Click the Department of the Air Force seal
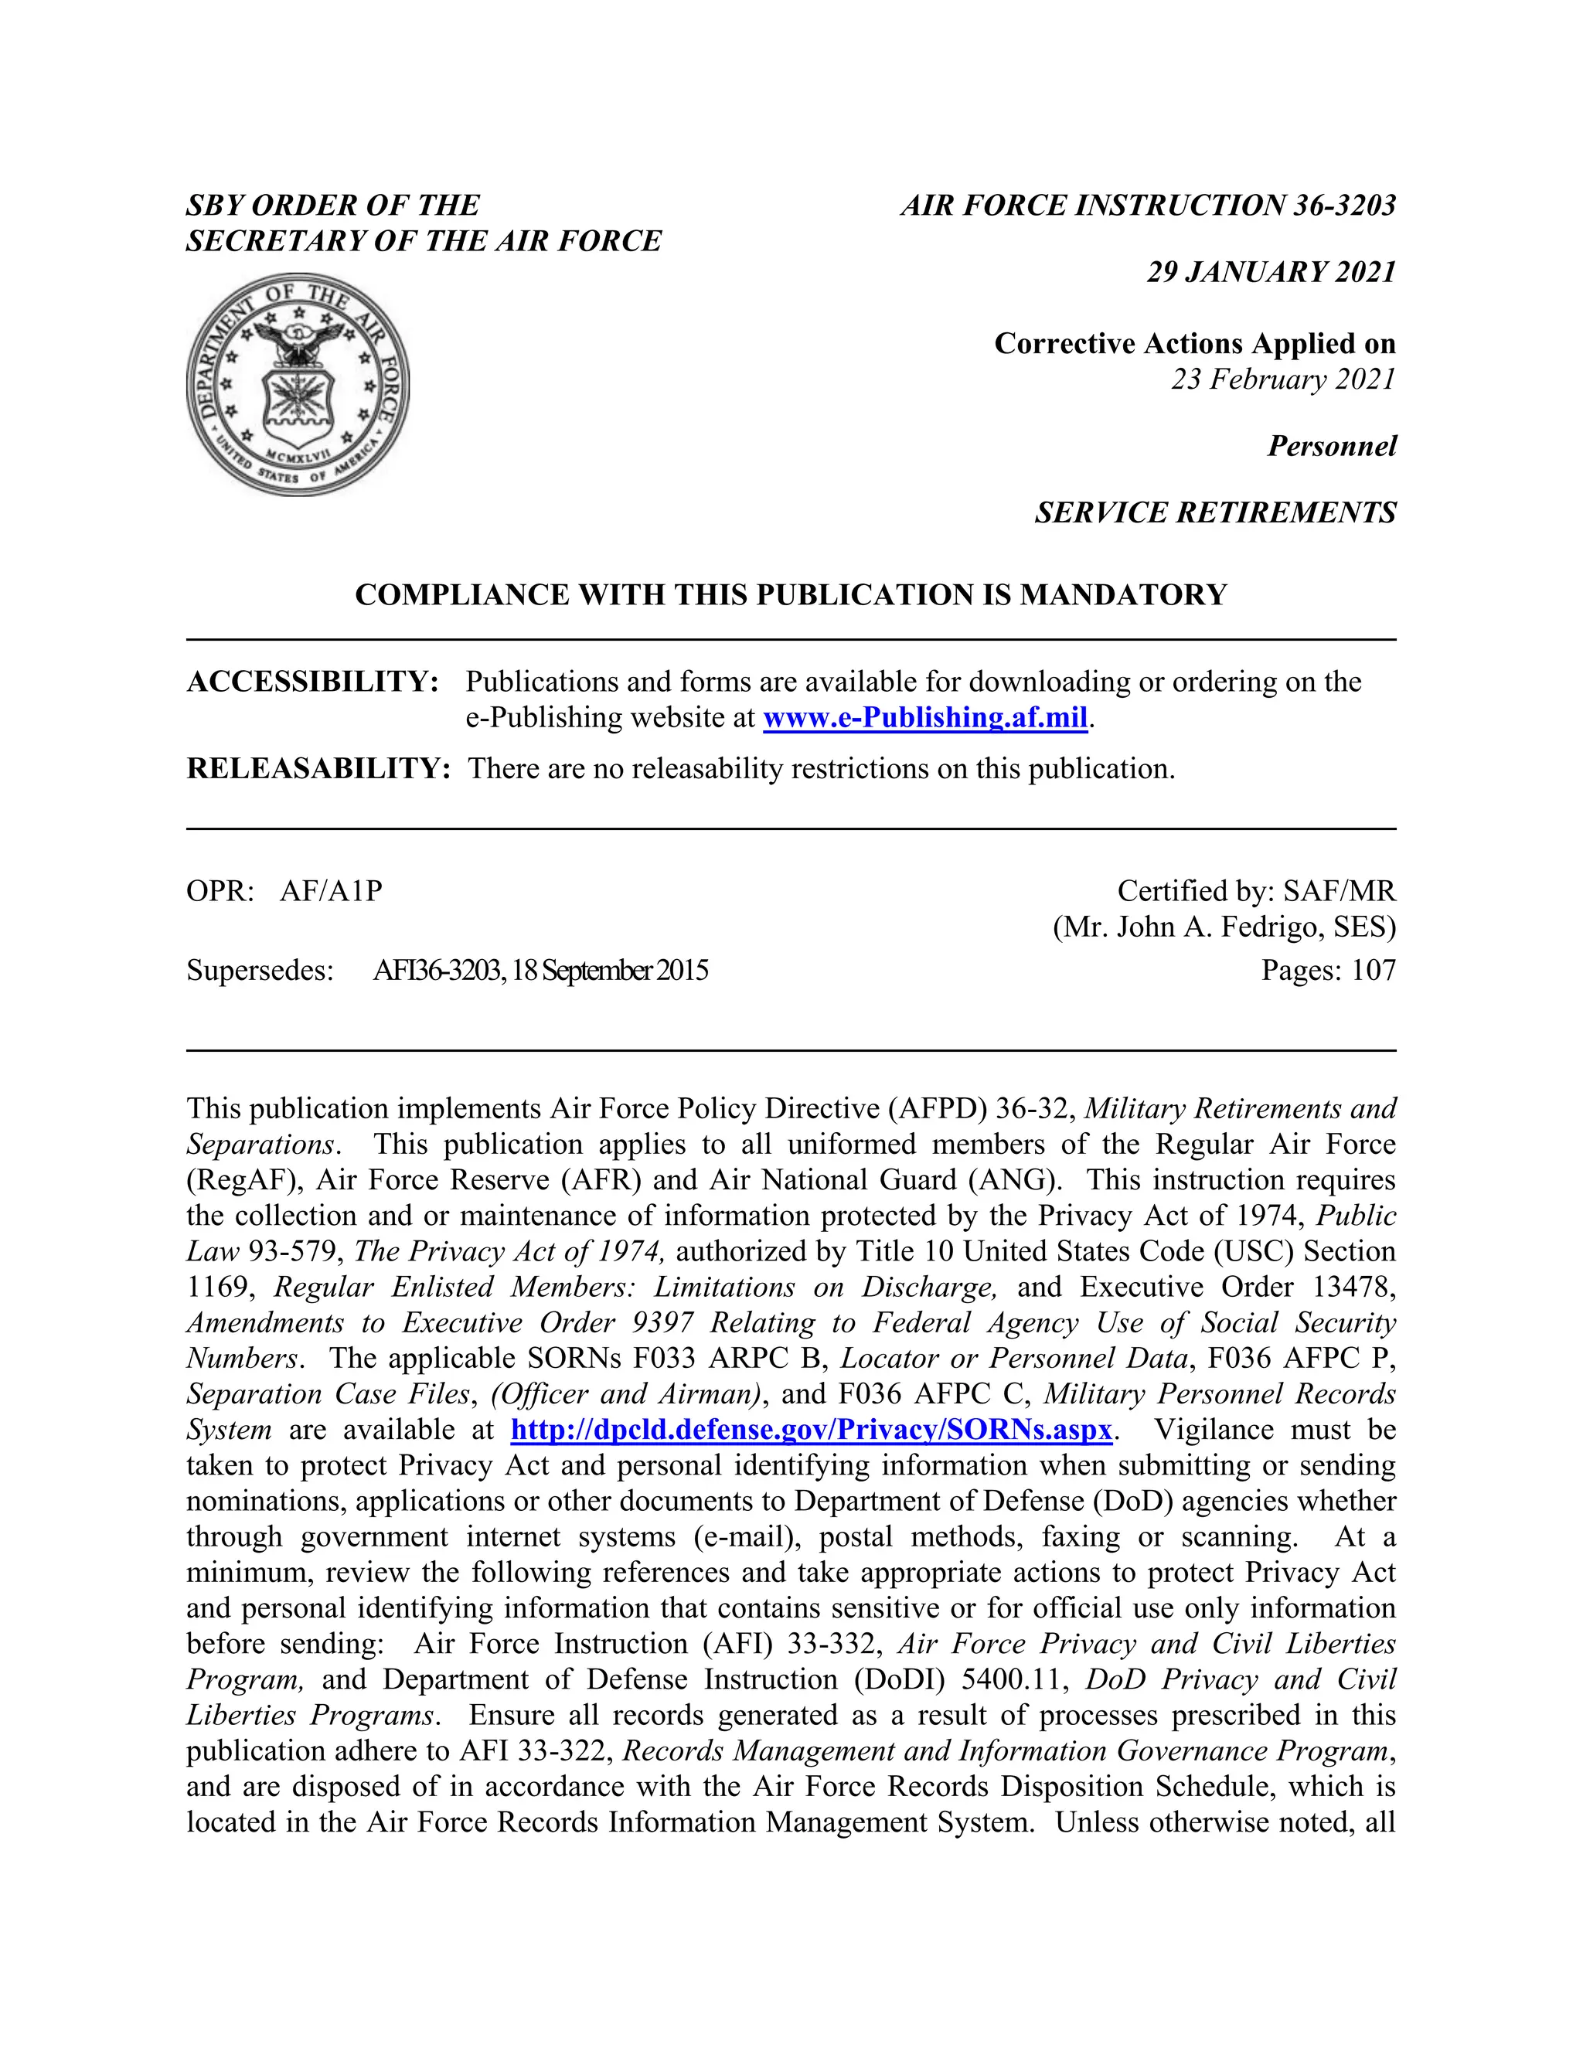point(298,384)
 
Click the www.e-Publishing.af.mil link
point(924,717)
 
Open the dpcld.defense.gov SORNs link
point(811,1430)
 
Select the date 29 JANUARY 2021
point(1271,272)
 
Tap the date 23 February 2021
point(1283,379)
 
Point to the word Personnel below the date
point(1331,445)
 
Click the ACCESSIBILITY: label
point(312,682)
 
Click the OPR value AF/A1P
point(331,891)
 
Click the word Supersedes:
point(260,970)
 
